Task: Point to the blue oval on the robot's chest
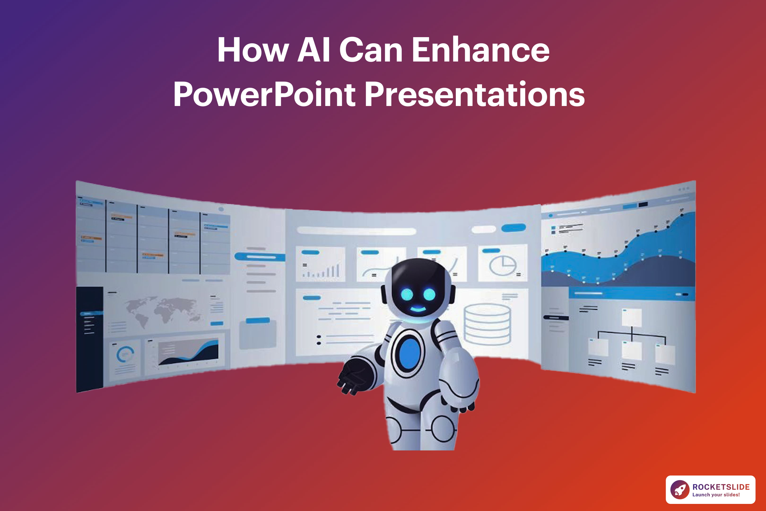tap(409, 353)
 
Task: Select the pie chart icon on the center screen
tap(503, 265)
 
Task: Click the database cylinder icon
tap(487, 324)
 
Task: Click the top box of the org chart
tap(631, 317)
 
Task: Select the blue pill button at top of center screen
tap(513, 228)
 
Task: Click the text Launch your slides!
tap(716, 495)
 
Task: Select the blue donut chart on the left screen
tap(125, 354)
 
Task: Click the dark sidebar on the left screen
tap(89, 339)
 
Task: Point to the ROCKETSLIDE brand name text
tap(721, 487)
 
